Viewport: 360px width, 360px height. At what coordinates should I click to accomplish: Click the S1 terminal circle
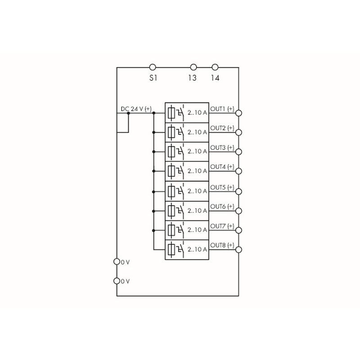point(153,67)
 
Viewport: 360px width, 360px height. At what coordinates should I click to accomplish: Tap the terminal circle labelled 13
point(193,67)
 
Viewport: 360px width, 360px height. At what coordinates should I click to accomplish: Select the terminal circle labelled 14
point(215,67)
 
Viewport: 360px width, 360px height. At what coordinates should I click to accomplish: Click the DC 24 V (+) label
point(136,109)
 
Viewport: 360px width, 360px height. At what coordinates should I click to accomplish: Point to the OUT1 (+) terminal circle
point(239,113)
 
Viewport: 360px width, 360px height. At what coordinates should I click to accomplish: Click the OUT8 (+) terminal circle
point(239,250)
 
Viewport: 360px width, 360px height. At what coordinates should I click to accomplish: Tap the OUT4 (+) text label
point(222,166)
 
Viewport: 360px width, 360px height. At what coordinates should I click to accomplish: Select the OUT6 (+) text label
point(222,207)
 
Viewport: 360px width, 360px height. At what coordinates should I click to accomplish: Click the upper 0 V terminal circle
point(117,261)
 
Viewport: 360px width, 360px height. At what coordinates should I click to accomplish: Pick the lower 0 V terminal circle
point(117,281)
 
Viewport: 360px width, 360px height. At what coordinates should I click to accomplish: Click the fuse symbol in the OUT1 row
point(171,113)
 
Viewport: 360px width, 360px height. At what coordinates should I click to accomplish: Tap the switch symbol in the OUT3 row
point(180,151)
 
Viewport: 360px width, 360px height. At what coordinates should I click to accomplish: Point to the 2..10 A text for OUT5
point(197,191)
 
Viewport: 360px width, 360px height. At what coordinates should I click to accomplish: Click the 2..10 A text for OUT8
point(197,249)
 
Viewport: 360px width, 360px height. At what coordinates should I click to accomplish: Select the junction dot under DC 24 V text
point(128,113)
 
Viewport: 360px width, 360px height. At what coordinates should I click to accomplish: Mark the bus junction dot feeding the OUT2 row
point(153,132)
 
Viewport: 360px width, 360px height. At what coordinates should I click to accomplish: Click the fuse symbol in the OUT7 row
point(171,230)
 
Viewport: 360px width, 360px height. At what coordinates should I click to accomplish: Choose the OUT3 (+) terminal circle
point(239,152)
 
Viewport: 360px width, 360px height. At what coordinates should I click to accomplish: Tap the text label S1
point(153,78)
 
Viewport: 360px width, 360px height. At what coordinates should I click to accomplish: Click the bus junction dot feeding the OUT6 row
point(153,211)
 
